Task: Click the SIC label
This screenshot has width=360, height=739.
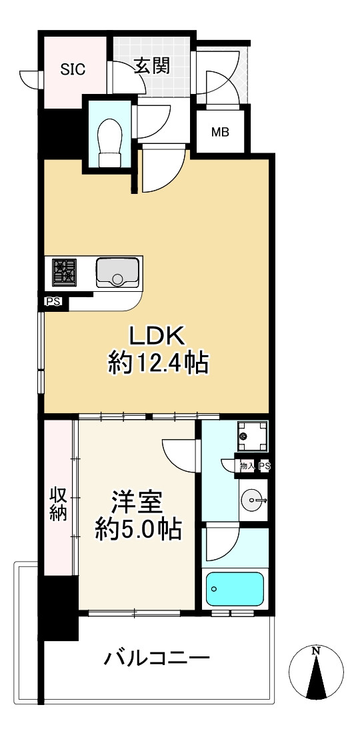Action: [73, 69]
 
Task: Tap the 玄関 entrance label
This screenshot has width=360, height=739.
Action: [151, 65]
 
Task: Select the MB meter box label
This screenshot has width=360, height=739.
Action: [220, 132]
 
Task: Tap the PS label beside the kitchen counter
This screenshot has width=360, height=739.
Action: [53, 302]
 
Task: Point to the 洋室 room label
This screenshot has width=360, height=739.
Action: [138, 501]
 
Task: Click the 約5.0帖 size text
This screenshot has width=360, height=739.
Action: [137, 530]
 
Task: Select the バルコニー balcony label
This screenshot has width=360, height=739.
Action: [157, 660]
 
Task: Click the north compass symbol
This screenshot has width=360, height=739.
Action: [317, 673]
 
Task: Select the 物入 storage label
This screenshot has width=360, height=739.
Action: [247, 466]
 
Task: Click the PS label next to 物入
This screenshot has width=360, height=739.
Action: [264, 466]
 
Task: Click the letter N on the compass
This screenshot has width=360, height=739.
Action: [317, 651]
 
